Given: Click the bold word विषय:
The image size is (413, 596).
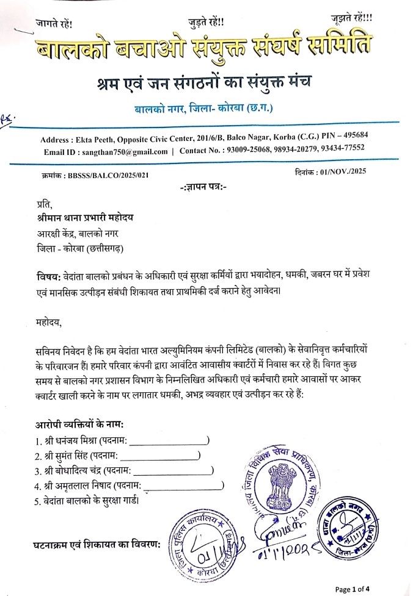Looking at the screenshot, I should coord(46,278).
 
